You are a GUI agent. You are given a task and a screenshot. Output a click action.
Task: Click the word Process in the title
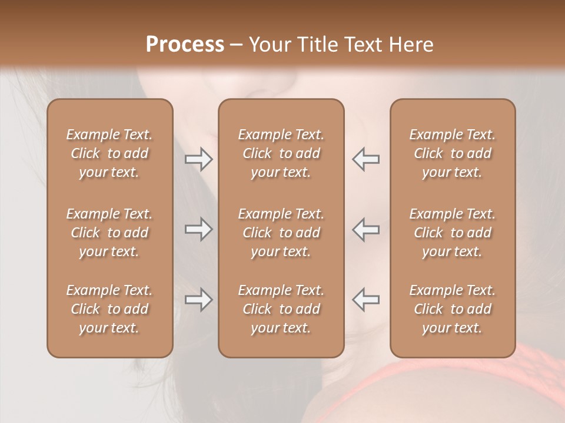(185, 45)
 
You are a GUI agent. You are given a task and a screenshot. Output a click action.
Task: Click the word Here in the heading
(410, 45)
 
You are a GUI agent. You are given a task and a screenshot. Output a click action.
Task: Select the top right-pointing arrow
(198, 159)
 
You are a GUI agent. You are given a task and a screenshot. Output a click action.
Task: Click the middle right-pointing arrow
(198, 229)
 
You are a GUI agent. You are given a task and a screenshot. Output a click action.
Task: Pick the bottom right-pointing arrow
(198, 300)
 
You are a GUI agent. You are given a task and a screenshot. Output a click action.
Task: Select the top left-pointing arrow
(366, 159)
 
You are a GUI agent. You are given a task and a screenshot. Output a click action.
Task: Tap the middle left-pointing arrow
(366, 229)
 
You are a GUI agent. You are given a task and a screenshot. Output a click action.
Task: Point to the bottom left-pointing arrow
(366, 300)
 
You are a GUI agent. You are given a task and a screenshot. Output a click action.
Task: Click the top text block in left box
(109, 153)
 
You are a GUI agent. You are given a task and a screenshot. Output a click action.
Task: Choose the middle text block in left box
(109, 233)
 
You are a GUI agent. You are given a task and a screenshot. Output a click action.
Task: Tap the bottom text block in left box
(109, 309)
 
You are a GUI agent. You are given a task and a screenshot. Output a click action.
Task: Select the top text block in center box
(281, 153)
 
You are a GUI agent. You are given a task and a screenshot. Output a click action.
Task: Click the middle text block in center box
(281, 233)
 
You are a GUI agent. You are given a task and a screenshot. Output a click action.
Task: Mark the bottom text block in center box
(281, 309)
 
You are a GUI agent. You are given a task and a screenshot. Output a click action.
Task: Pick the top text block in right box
(452, 153)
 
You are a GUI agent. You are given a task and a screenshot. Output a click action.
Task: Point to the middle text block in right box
(452, 233)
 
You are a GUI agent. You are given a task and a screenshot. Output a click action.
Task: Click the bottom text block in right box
(452, 309)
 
